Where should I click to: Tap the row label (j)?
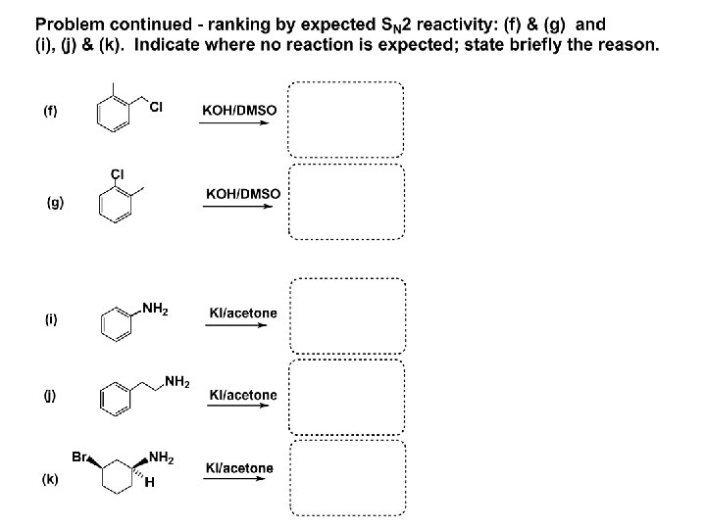(x=49, y=396)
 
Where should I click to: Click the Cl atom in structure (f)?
(x=156, y=106)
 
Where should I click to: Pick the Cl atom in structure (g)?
(x=118, y=174)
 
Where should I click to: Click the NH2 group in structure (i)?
(x=156, y=311)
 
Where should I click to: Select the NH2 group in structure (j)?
(x=177, y=381)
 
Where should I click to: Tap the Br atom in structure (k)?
(x=82, y=457)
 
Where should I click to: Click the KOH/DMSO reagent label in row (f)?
(x=238, y=111)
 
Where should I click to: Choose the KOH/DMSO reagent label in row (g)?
(x=242, y=194)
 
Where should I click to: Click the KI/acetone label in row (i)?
(x=243, y=313)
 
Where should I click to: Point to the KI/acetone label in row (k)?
(x=239, y=468)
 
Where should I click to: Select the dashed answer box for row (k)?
(x=347, y=480)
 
